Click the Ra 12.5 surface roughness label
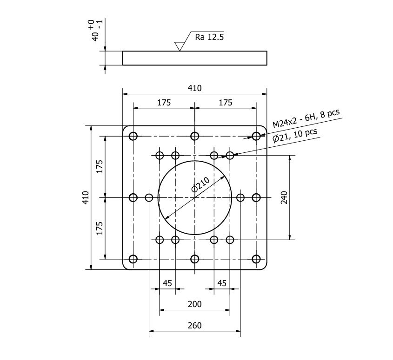[209, 37]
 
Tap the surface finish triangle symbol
[179, 46]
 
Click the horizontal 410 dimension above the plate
[194, 88]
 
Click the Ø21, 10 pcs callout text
[295, 135]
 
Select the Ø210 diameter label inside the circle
[201, 185]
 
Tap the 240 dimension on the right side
[285, 197]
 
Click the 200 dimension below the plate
[194, 304]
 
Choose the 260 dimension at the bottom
[194, 326]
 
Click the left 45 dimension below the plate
[167, 283]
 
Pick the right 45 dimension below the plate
[222, 283]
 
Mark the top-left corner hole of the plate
[133, 136]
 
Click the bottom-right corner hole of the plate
[256, 259]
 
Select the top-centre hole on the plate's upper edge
[194, 136]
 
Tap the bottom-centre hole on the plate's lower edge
[194, 259]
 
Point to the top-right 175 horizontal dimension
[225, 103]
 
